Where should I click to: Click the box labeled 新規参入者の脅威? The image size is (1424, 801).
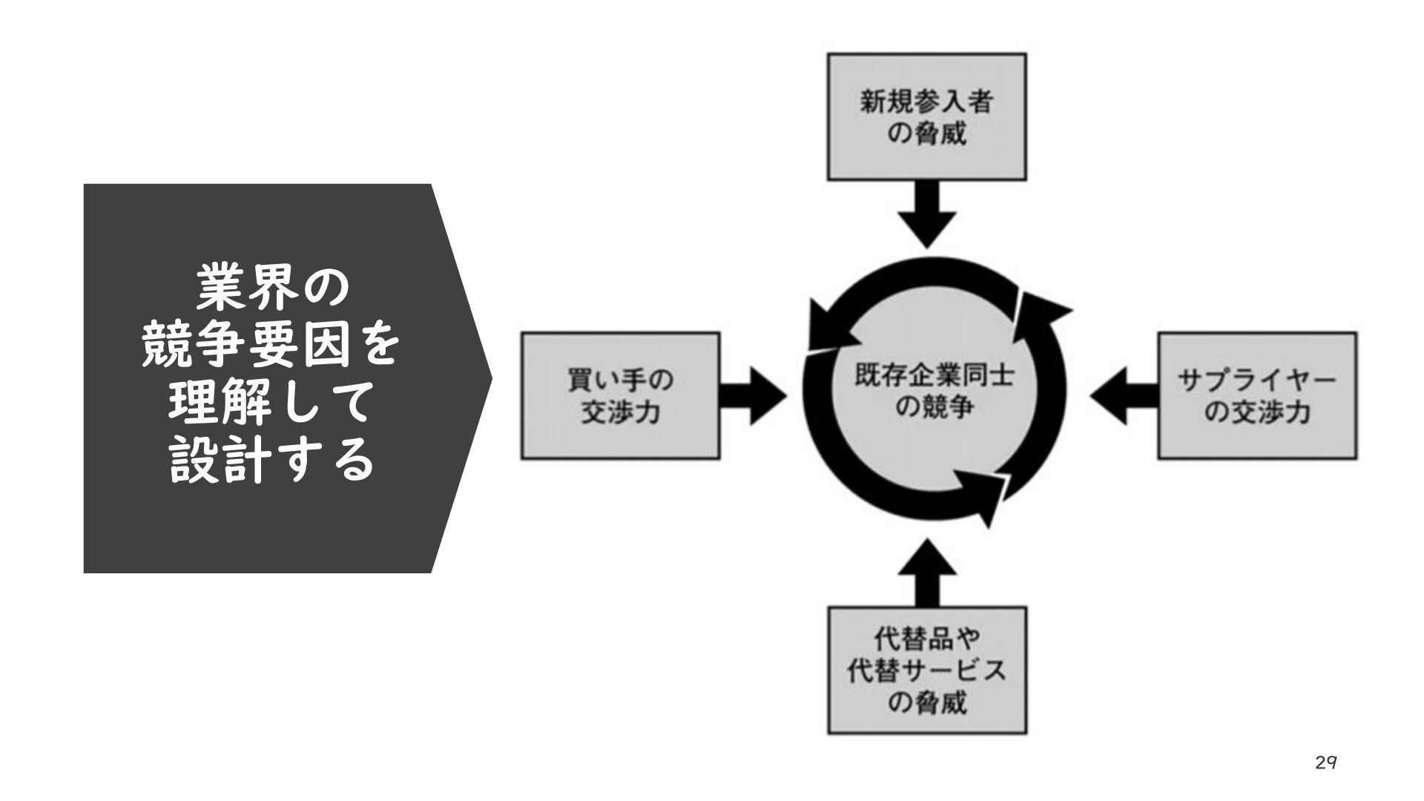tap(926, 116)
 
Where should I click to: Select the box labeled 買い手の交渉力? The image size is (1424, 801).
tap(620, 396)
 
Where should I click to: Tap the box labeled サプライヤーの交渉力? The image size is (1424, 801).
tap(1257, 396)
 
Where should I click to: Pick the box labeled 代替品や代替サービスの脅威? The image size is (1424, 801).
tap(926, 670)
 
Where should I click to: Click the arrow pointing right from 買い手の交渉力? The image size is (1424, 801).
tap(753, 396)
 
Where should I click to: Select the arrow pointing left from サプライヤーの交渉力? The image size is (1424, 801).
tap(1123, 396)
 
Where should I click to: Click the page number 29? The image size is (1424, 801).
tap(1325, 762)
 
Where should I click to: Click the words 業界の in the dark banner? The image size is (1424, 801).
tap(271, 290)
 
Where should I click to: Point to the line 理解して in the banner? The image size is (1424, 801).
tap(271, 404)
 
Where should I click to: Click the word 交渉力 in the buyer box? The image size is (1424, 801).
tap(620, 412)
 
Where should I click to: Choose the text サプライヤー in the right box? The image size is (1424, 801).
tap(1257, 380)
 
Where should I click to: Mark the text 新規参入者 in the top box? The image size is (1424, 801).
tap(926, 101)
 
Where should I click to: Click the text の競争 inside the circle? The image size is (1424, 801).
tap(932, 407)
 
